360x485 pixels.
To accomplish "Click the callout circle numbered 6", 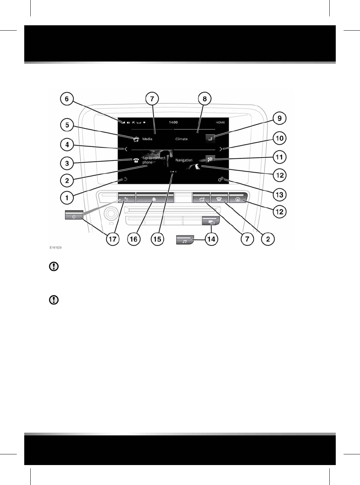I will [67, 99].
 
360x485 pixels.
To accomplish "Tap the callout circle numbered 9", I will [279, 118].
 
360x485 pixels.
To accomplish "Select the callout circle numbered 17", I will [113, 239].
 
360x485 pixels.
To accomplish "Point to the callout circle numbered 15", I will [157, 239].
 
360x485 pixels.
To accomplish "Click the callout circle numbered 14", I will [211, 239].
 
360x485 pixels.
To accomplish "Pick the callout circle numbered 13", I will [279, 195].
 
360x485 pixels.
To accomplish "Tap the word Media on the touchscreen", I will [147, 139].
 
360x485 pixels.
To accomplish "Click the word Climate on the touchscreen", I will [181, 139].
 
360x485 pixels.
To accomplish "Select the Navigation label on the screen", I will [184, 160].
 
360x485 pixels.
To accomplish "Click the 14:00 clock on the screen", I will [173, 122].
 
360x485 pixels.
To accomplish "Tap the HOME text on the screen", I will [220, 122].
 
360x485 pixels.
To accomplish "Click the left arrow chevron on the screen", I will [126, 149].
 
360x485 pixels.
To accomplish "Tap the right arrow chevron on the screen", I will [221, 149].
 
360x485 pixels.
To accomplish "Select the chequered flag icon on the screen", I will [210, 160].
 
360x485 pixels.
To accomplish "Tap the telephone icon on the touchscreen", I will [136, 160].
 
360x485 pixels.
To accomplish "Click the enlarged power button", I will [74, 215].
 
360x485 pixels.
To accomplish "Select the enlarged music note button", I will [185, 240].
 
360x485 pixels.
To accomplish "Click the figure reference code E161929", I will [56, 247].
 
